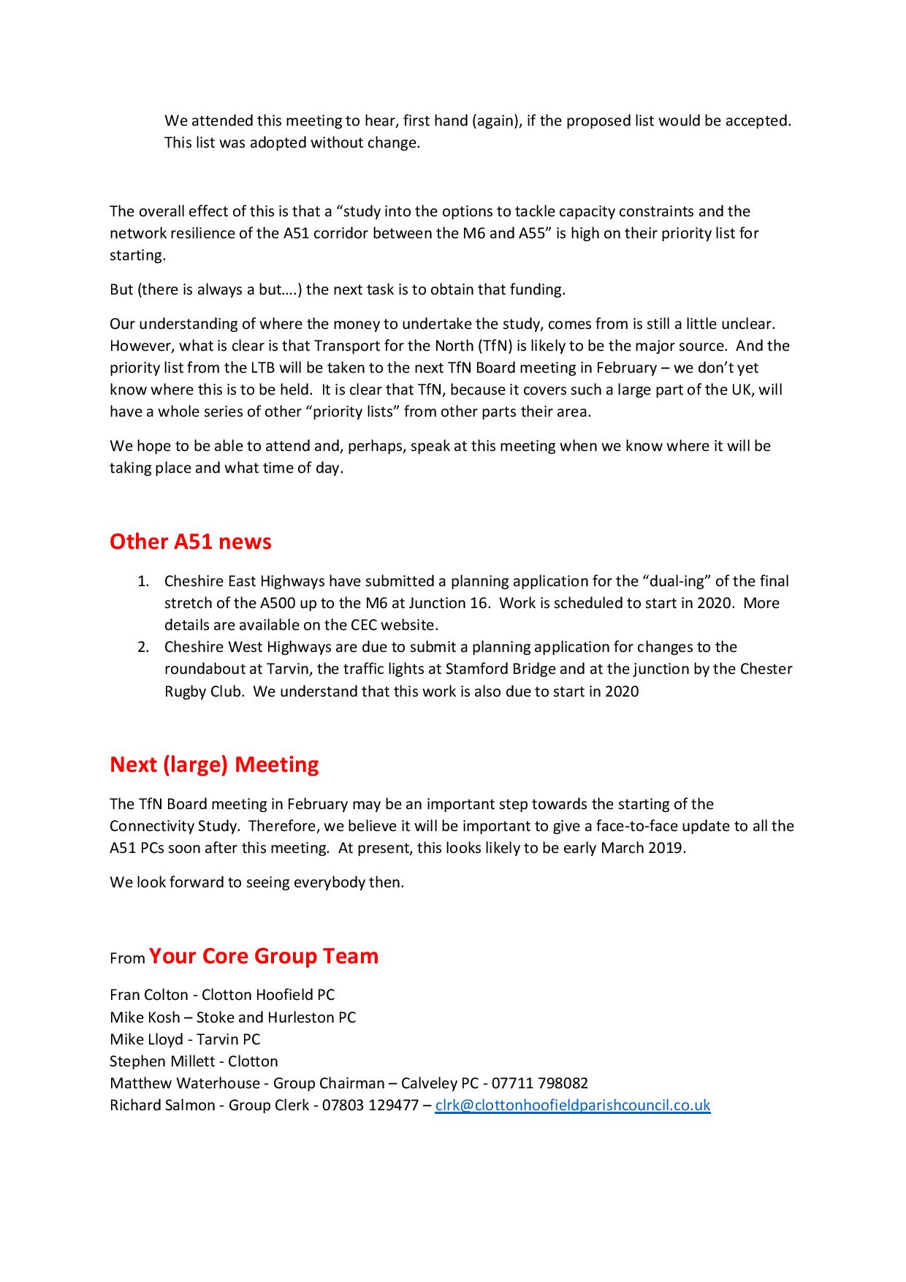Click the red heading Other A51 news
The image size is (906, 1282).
point(190,542)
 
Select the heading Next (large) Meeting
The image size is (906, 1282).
point(214,765)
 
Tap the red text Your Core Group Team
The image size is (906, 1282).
point(264,956)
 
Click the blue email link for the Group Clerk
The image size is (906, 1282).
point(572,1105)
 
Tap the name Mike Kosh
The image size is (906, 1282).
point(145,1017)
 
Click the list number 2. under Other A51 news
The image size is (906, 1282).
point(143,647)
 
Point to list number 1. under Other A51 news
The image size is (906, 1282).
point(143,581)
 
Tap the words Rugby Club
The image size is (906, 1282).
point(203,691)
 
